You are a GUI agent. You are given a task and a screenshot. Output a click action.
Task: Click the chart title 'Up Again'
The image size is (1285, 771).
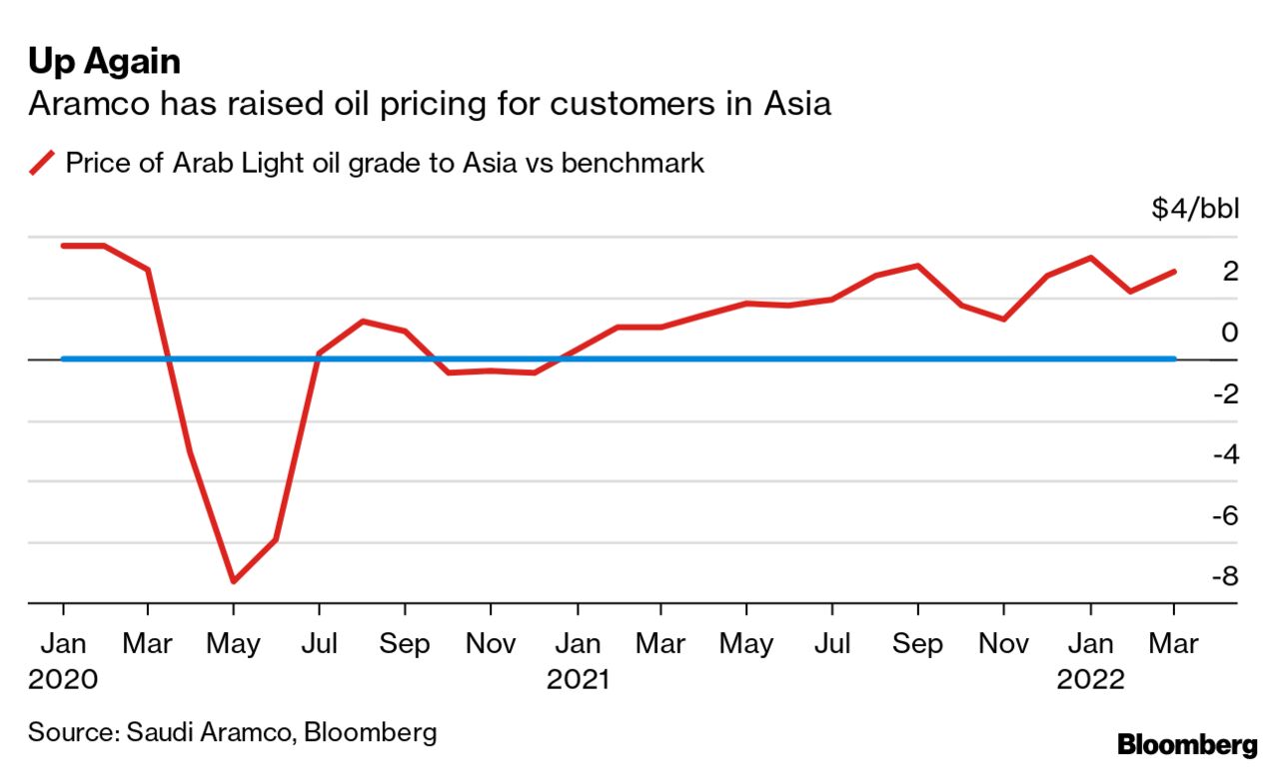click(104, 62)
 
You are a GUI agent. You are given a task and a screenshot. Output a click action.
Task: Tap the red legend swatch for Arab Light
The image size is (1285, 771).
click(42, 162)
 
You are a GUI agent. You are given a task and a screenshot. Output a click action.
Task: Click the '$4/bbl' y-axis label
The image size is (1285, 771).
click(1195, 210)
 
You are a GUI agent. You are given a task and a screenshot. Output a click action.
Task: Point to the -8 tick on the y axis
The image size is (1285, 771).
click(1225, 576)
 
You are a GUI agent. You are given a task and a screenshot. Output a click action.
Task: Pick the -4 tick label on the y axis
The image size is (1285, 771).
click(1225, 453)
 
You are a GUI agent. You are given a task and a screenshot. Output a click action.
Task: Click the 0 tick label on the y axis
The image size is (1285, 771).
click(1230, 332)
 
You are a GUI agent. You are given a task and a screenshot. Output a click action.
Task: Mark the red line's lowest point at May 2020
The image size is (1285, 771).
click(233, 580)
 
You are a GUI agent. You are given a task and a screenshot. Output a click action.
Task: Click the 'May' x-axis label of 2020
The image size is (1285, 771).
click(233, 643)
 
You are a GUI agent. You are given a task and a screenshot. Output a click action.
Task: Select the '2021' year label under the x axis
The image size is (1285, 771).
click(579, 680)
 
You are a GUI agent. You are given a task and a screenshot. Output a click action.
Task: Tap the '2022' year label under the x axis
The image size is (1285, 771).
click(1091, 680)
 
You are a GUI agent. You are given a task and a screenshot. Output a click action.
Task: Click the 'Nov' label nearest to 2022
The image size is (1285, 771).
click(1003, 643)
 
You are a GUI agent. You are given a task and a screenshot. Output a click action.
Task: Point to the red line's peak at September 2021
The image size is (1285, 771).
click(917, 266)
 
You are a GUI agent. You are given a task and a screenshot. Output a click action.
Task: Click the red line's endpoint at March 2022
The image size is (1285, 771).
click(1174, 271)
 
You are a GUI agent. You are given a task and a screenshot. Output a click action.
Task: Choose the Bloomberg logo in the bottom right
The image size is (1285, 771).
click(1187, 744)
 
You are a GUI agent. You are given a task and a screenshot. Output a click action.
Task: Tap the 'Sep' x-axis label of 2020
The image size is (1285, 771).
click(404, 643)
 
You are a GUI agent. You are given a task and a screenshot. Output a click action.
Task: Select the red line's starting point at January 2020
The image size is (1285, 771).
click(63, 246)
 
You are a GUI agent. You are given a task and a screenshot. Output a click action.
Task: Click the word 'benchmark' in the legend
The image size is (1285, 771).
click(633, 162)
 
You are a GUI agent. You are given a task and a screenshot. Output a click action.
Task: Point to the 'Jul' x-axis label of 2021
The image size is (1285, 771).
click(831, 643)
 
